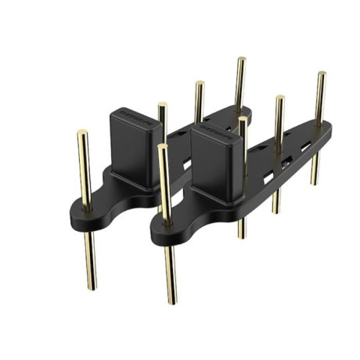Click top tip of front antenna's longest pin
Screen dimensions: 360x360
click(162, 146)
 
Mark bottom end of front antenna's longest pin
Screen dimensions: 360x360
click(171, 301)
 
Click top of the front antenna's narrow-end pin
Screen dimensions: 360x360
click(321, 74)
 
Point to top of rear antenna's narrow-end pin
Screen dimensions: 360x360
click(240, 59)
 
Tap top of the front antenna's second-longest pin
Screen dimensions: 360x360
click(243, 120)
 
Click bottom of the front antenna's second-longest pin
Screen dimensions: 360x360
click(242, 236)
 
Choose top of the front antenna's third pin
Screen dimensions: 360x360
click(279, 99)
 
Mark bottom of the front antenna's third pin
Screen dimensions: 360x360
click(276, 211)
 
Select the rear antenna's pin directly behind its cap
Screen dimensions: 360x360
click(162, 106)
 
